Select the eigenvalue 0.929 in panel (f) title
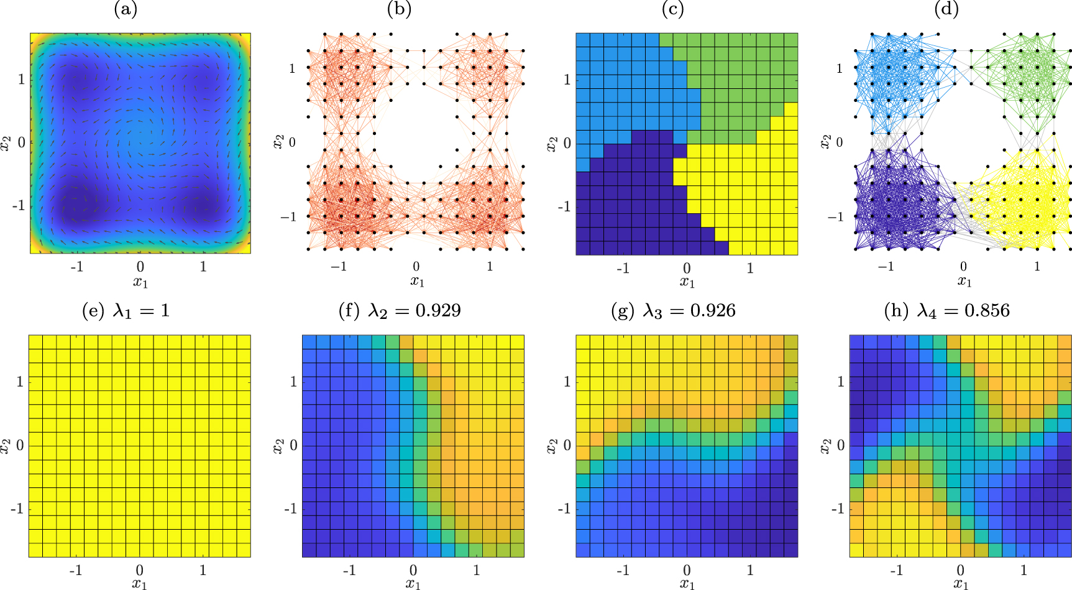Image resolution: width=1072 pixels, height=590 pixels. tap(438, 310)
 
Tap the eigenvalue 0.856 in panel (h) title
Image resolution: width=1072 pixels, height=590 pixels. tap(987, 310)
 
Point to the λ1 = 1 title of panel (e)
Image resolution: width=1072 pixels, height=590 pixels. tap(126, 310)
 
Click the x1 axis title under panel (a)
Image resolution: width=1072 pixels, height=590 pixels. tap(140, 282)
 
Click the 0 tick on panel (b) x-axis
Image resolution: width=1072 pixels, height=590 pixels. tap(416, 267)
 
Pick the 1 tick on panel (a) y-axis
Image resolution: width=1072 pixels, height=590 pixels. tap(21, 79)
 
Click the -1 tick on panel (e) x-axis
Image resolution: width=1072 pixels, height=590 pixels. tap(76, 570)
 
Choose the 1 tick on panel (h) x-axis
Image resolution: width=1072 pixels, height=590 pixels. tap(1024, 570)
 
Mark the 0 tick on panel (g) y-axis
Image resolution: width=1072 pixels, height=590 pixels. tap(567, 446)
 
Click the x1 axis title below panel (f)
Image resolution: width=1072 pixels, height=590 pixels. tap(413, 584)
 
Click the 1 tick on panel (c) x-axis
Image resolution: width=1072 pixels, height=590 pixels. tap(750, 268)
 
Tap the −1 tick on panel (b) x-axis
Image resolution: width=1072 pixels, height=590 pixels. tap(338, 267)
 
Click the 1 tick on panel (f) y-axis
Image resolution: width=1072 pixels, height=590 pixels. tap(293, 381)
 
